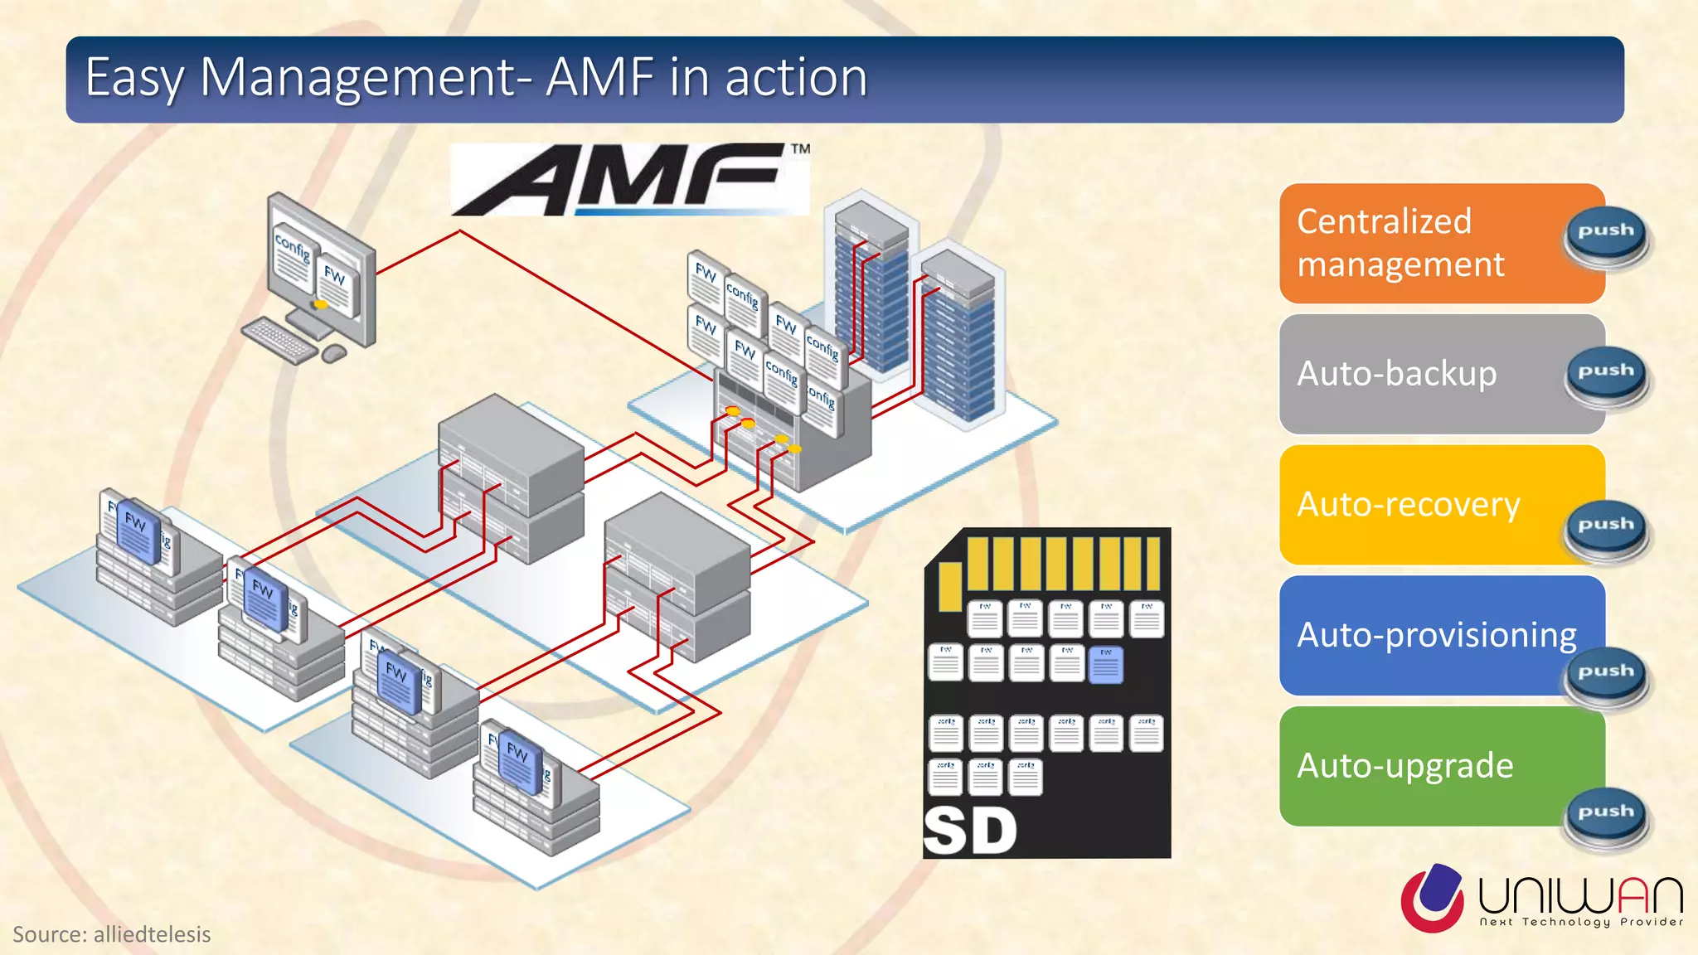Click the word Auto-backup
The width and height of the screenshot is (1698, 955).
point(1396,374)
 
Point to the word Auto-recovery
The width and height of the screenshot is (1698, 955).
point(1408,505)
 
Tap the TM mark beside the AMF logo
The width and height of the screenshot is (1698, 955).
point(800,149)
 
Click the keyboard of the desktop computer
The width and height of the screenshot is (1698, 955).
point(279,339)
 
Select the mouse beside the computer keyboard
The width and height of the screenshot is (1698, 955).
point(333,354)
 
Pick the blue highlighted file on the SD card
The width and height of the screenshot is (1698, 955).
point(1105,665)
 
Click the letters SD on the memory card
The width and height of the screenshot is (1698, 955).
point(970,831)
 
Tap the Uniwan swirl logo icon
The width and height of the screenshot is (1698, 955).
point(1433,898)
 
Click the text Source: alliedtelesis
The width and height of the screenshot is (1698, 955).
point(112,934)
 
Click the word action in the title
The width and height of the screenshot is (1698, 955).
point(796,78)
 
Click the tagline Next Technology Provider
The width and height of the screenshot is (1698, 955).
point(1581,922)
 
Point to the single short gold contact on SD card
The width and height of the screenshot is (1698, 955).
point(950,585)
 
